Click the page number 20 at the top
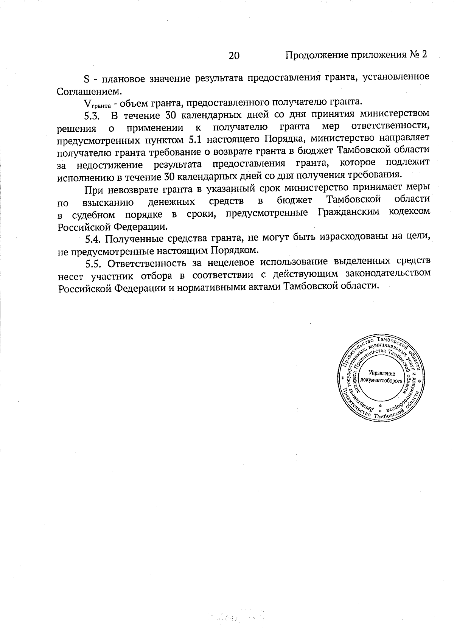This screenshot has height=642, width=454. coord(234,56)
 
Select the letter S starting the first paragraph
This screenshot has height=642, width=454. coord(86,79)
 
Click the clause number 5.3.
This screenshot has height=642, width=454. coord(92,115)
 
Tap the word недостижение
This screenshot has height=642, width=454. coord(109,165)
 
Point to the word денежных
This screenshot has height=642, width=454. coord(171,202)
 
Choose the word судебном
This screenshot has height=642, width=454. coord(93,215)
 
